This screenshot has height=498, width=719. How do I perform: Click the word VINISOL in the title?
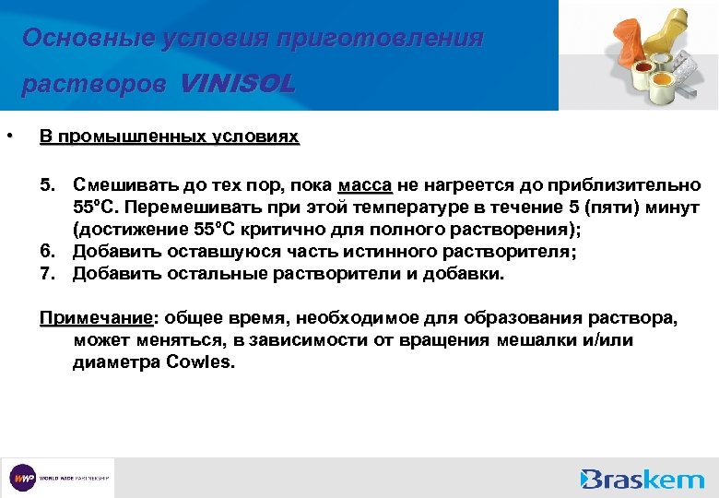[x=238, y=85]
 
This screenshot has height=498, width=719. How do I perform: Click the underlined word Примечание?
[x=95, y=319]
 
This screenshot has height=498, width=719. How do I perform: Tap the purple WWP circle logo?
[x=22, y=478]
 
